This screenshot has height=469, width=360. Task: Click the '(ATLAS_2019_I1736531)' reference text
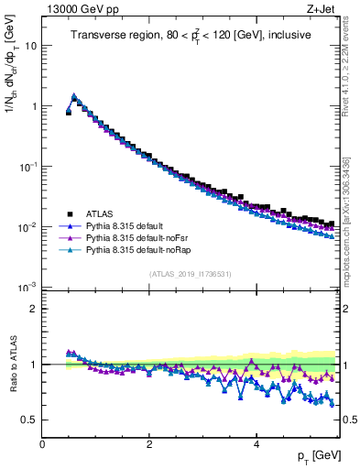[x=190, y=274]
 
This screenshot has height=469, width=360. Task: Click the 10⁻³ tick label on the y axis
[x=27, y=288]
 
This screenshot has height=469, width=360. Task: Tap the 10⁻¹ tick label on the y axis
[x=27, y=167]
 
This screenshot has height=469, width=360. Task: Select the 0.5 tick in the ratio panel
[x=29, y=420]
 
